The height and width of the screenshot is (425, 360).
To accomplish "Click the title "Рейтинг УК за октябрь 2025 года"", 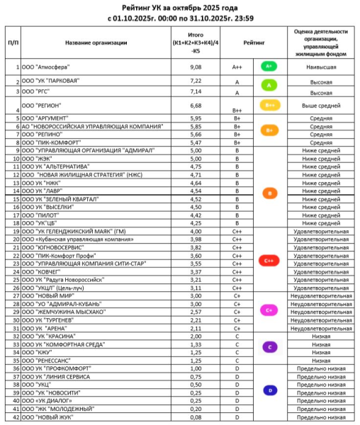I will click(180, 6).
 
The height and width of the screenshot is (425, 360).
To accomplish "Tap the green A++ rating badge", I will click(269, 66).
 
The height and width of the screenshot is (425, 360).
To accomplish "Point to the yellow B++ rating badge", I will click(269, 106).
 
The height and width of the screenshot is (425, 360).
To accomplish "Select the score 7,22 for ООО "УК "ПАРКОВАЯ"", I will click(197, 81).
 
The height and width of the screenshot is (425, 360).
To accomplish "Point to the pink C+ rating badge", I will click(269, 310).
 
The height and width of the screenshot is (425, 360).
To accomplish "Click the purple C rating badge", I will click(269, 346).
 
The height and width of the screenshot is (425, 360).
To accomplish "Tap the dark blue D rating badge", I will click(269, 390).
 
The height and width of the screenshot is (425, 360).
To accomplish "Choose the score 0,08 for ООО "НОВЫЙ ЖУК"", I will click(197, 419).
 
